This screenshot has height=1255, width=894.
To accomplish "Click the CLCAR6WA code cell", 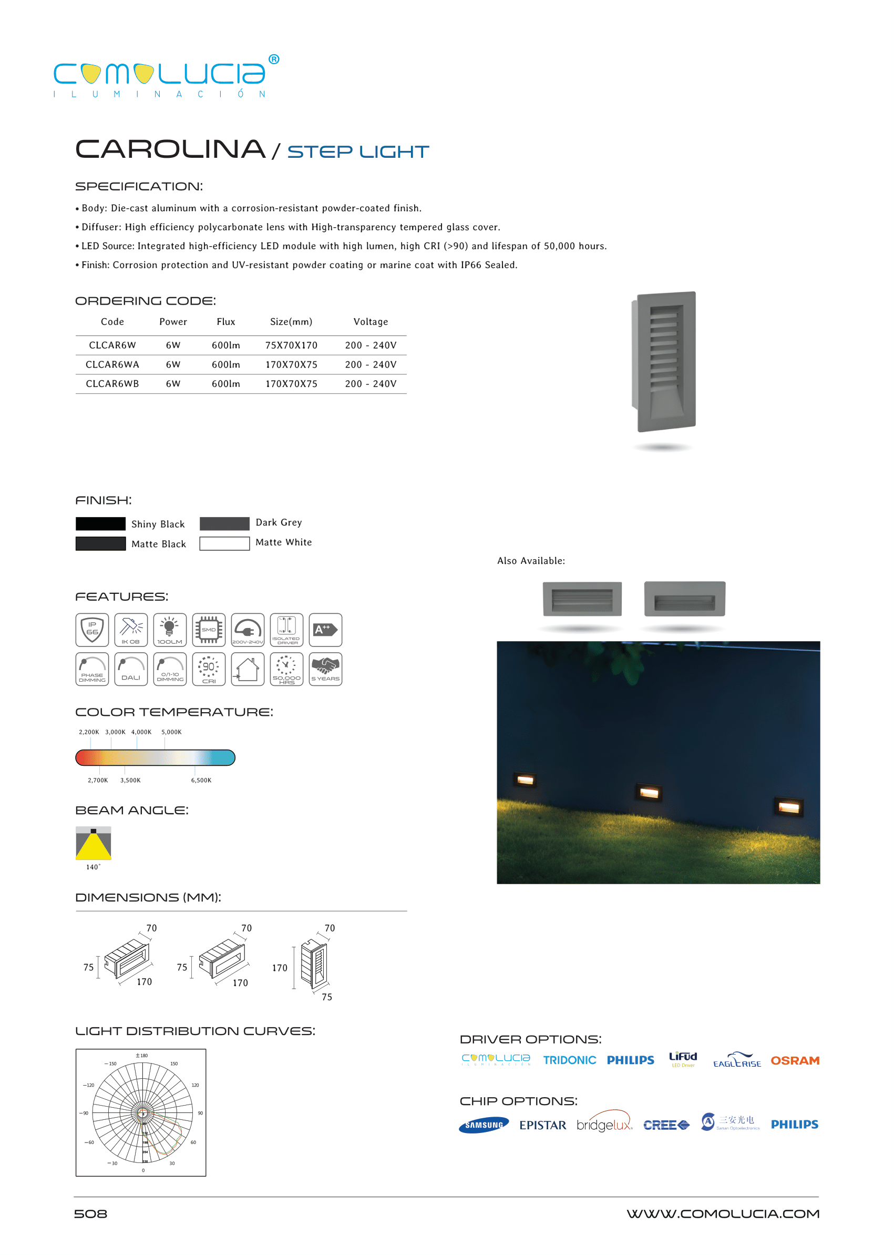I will coord(112,365).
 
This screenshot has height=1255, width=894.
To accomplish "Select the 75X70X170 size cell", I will coord(291,346).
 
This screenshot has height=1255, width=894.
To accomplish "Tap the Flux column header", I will coord(225,322).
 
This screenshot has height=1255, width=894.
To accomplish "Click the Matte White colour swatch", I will coord(224,544).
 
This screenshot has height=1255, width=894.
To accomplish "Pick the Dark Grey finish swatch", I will coord(224,523).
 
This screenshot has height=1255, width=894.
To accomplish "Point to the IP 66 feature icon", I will coord(92,630).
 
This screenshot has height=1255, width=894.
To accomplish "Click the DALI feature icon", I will coord(131,669).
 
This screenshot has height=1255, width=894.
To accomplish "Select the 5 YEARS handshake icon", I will coord(325,669).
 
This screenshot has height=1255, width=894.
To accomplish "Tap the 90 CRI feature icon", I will coord(209,669).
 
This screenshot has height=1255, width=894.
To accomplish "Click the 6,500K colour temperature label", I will coord(201,780).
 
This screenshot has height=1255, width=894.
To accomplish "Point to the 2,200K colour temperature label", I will coord(89,732).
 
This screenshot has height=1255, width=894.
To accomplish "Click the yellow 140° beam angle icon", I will coord(93,843).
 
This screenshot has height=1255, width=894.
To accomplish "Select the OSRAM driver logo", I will coord(794,1060).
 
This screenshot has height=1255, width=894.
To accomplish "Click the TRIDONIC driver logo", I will coord(569,1060).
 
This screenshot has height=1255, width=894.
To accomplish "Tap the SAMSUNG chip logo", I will coord(484,1125).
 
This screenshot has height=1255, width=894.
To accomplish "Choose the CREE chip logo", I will coord(665,1125).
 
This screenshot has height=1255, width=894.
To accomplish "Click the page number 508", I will coord(91,1213).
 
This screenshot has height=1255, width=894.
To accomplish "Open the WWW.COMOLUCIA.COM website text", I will coord(722,1213).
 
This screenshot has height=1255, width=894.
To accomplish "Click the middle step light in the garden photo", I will coord(649,793).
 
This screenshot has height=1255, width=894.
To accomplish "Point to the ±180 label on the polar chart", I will coord(141,1056).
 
